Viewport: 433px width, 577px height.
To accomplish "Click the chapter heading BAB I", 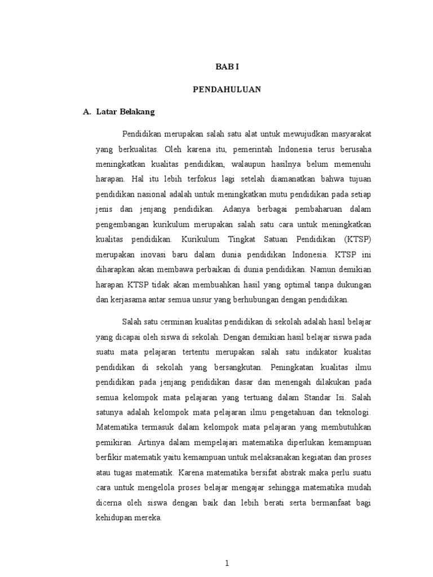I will (x=227, y=66).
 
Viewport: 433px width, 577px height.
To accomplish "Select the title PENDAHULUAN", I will (x=227, y=89).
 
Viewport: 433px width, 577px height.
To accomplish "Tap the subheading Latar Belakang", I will (x=125, y=112).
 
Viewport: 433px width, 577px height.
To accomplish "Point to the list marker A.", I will (x=86, y=112).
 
